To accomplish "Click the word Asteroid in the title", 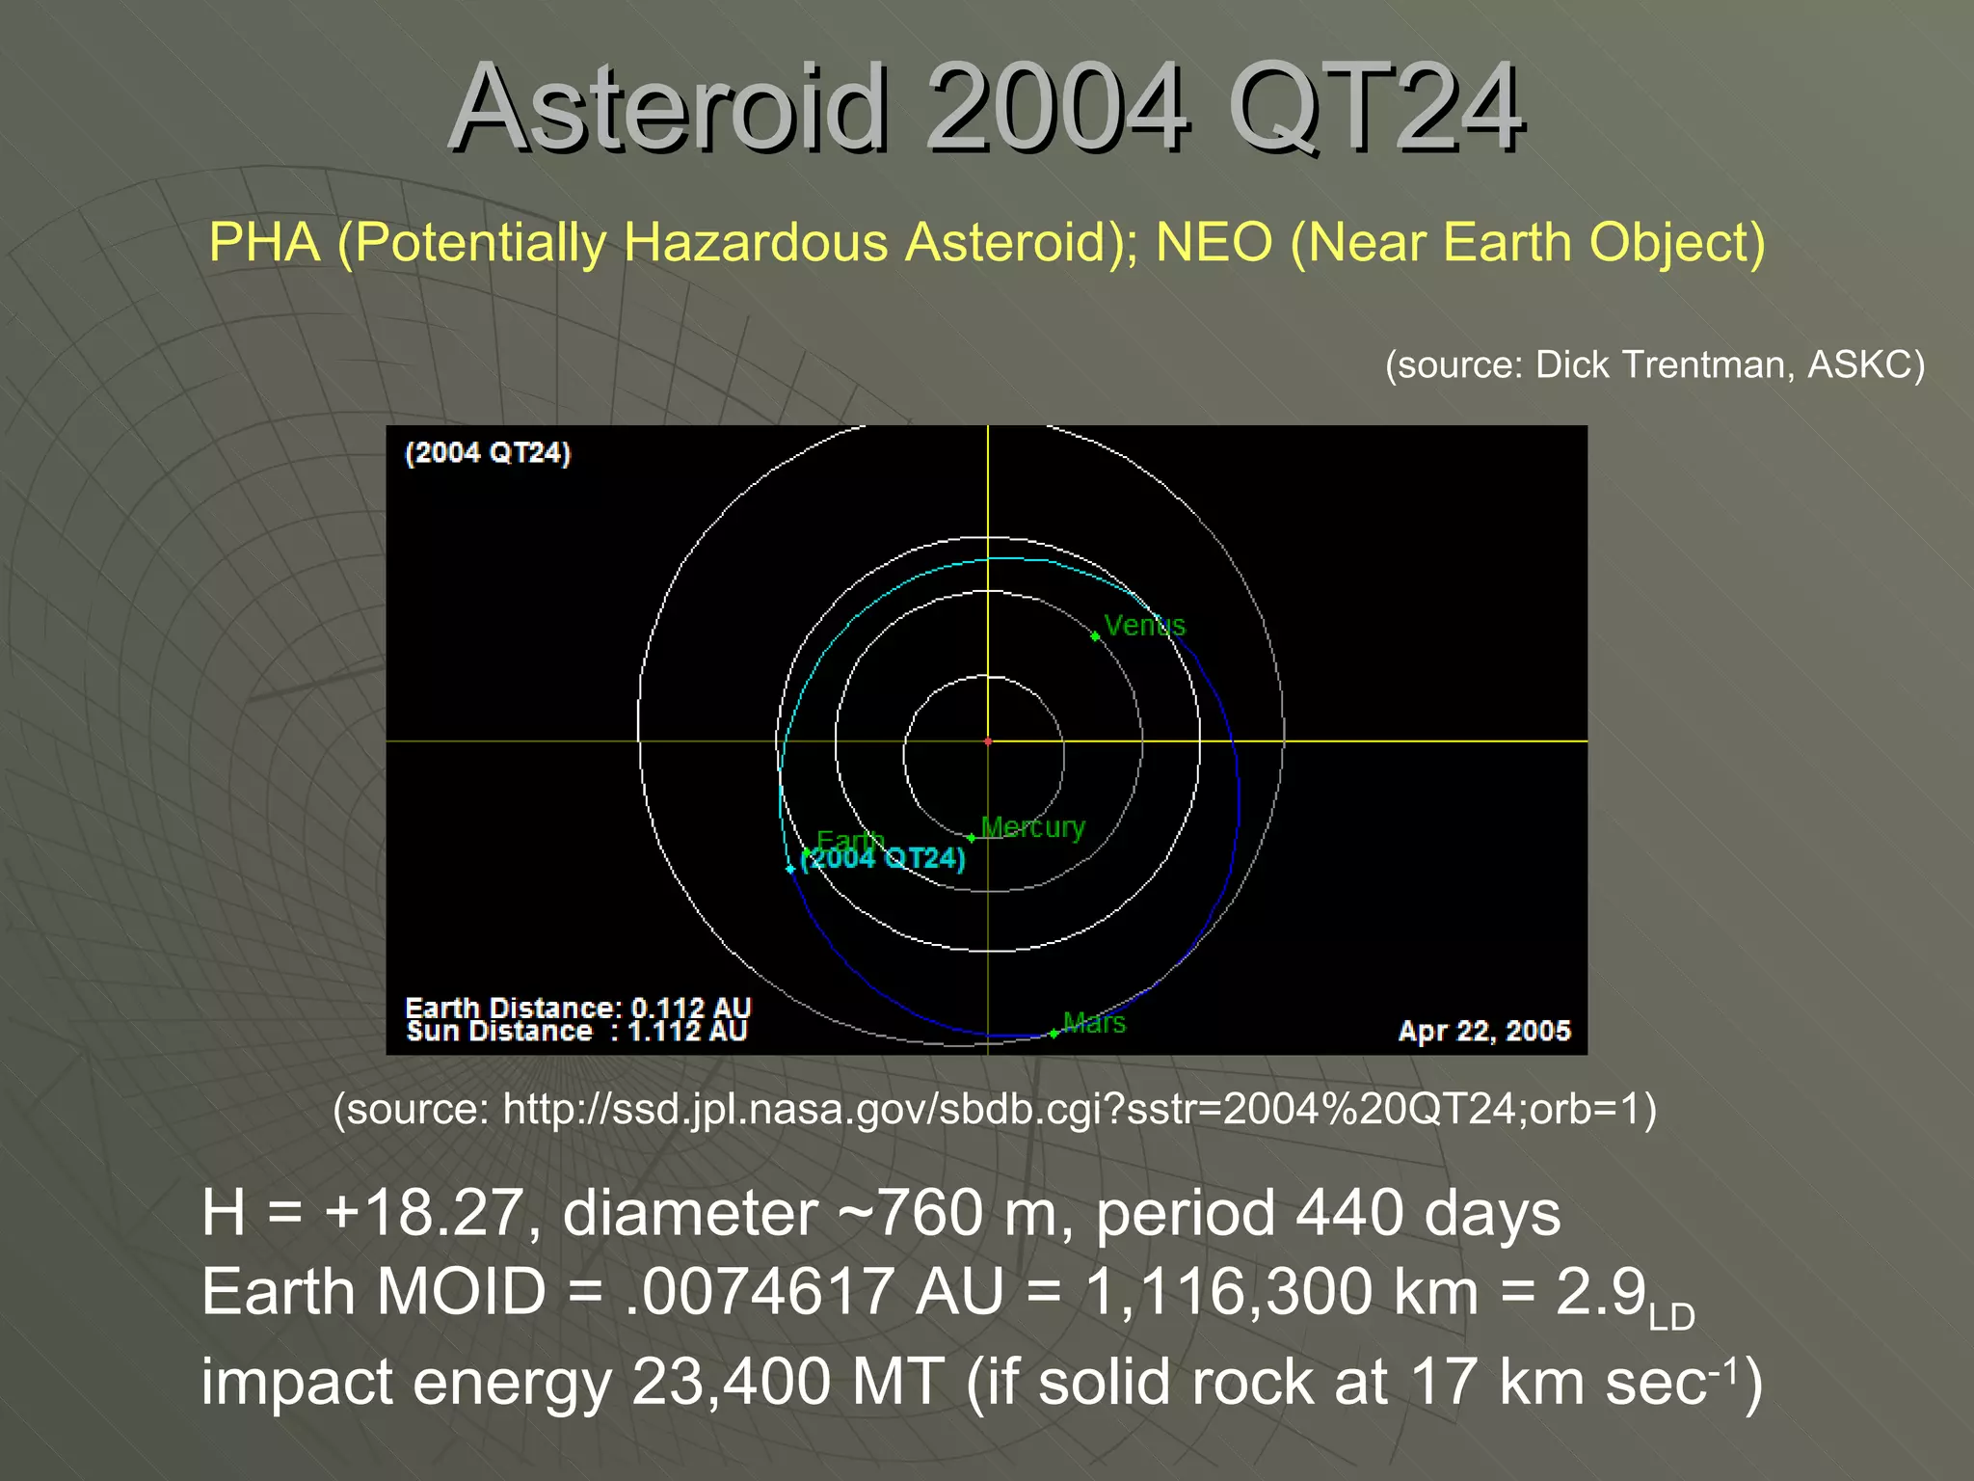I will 665,108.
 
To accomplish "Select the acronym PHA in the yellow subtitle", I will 264,242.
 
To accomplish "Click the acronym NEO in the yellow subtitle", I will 1214,242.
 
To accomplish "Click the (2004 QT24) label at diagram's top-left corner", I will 488,453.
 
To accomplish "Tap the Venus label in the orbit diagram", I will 1144,626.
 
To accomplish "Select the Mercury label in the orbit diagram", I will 1032,827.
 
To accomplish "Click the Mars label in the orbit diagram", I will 1094,1023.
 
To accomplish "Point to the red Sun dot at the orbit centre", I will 988,741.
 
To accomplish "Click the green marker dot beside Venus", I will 1095,636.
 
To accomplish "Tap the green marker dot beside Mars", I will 1054,1034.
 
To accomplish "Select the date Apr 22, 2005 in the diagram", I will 1483,1031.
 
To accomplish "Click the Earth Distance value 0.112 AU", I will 690,1008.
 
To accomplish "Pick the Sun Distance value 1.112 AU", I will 687,1032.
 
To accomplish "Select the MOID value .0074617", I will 759,1292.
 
